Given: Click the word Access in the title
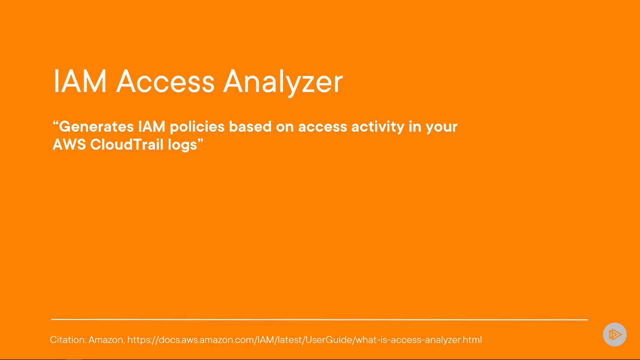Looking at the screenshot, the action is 165,81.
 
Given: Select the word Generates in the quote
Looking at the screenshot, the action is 97,127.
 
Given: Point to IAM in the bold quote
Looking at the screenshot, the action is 152,127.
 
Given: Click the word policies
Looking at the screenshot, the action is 197,127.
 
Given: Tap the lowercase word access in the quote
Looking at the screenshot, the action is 323,127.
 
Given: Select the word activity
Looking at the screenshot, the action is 378,127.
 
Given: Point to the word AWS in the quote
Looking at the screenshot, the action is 69,145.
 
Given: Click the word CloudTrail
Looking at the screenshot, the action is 127,145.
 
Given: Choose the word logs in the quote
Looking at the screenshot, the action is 183,145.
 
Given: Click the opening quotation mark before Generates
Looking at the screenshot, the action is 56,123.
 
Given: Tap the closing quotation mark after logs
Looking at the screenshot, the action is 200,141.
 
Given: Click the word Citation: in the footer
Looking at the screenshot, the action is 68,340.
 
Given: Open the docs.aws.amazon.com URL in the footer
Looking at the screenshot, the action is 305,340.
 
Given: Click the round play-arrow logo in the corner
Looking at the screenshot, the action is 615,334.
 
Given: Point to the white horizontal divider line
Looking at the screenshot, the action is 319,319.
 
